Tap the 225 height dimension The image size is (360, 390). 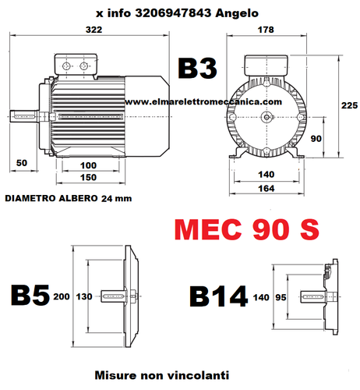point(348,104)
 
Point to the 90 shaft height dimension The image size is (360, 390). point(316,138)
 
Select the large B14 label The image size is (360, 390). point(219,296)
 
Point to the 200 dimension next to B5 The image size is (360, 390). point(62,296)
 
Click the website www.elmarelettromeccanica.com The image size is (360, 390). point(201,101)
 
